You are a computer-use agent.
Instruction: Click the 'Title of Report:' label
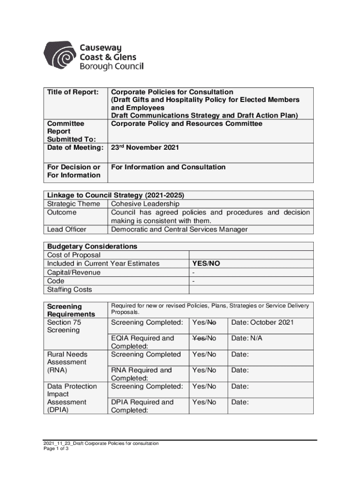pyautogui.click(x=72, y=92)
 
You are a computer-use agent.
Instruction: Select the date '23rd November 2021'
pyautogui.click(x=144, y=147)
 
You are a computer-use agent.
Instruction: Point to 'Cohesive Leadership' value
pyautogui.click(x=145, y=204)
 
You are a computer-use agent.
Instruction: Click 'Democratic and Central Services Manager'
pyautogui.click(x=179, y=229)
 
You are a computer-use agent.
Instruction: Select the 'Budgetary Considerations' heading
pyautogui.click(x=92, y=247)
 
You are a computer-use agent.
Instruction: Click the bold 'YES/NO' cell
pyautogui.click(x=206, y=264)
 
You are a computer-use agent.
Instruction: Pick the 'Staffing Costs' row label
pyautogui.click(x=70, y=290)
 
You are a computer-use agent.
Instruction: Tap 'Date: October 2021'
pyautogui.click(x=263, y=323)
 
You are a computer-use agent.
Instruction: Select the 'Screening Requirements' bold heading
pyautogui.click(x=71, y=310)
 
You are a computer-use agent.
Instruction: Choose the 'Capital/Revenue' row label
pyautogui.click(x=74, y=272)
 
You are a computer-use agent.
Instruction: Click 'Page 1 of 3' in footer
pyautogui.click(x=56, y=449)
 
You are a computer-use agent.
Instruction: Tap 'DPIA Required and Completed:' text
pyautogui.click(x=142, y=406)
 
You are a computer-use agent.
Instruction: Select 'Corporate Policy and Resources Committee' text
pyautogui.click(x=187, y=124)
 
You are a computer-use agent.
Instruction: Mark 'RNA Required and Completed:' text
pyautogui.click(x=141, y=374)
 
